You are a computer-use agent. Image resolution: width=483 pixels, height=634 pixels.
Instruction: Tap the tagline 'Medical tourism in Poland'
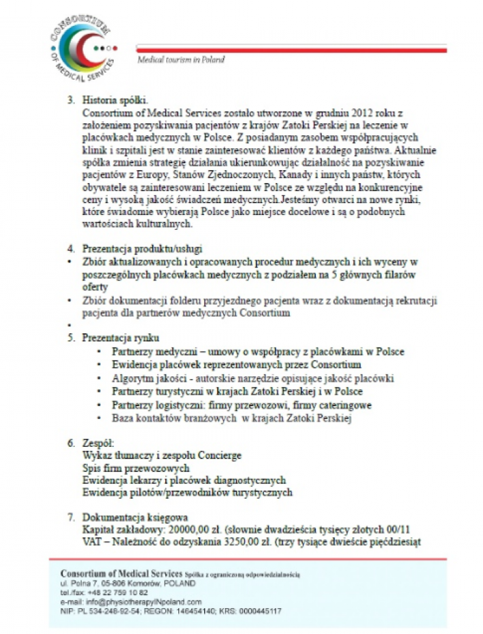point(181,60)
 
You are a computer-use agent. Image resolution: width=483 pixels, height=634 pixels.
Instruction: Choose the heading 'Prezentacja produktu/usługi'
point(142,249)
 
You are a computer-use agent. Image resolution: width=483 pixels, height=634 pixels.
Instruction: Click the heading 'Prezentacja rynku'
point(121,337)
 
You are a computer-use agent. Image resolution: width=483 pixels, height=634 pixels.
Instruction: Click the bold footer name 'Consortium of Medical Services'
point(122,573)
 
